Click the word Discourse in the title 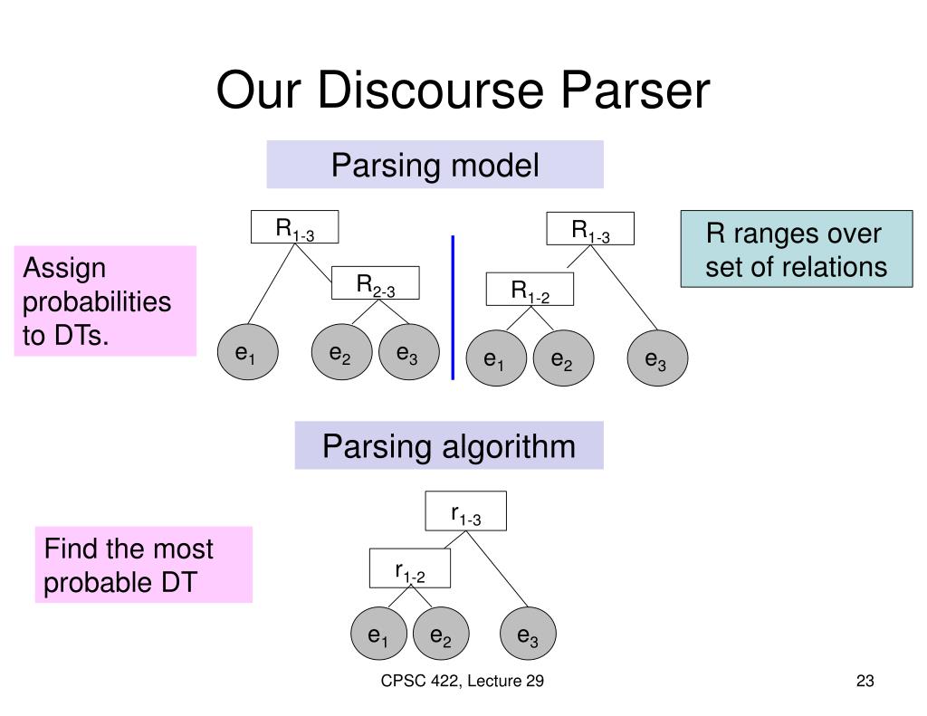(x=430, y=90)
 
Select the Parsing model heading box (x=435, y=165)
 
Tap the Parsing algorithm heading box (x=449, y=445)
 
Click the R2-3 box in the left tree (x=376, y=283)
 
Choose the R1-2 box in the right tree (x=530, y=289)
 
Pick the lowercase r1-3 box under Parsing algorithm (x=466, y=511)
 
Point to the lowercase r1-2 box (x=410, y=568)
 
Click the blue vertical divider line (x=453, y=308)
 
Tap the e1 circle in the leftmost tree (x=248, y=352)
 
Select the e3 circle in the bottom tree (x=528, y=634)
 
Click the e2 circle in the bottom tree (x=441, y=634)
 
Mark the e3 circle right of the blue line (x=657, y=358)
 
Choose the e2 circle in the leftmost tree (x=341, y=352)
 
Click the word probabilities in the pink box (x=97, y=301)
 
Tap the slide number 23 (x=865, y=681)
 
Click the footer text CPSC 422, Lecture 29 (x=463, y=681)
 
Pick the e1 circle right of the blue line (x=496, y=358)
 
